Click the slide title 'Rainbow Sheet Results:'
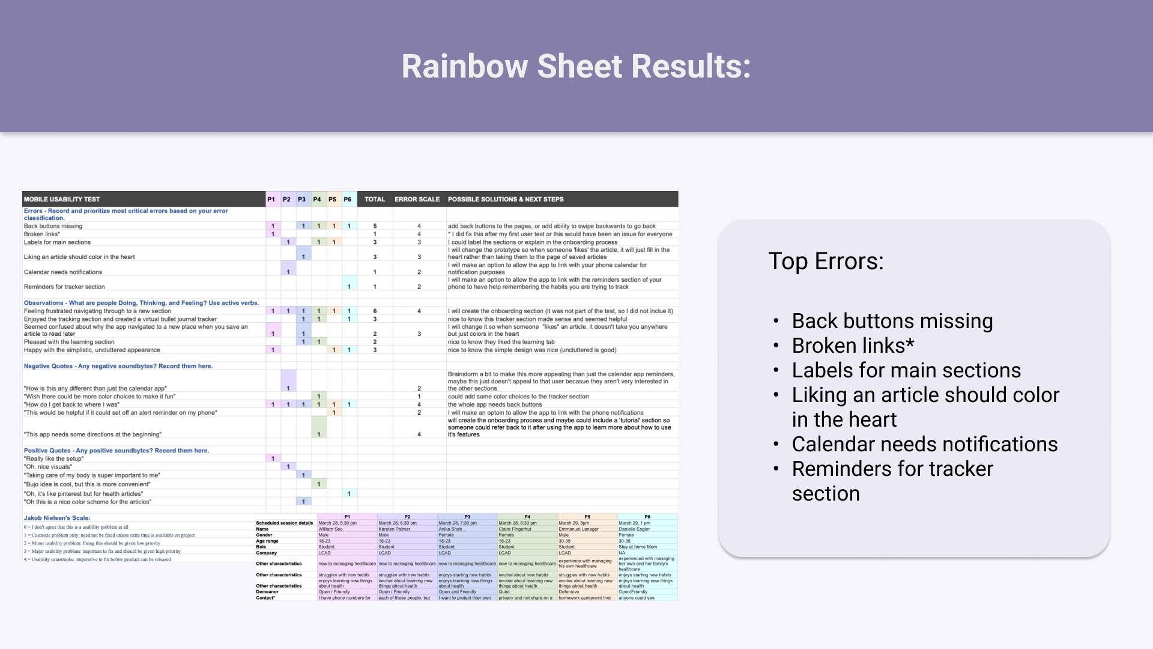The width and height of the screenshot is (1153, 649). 576,66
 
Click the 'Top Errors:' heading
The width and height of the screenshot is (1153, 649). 826,261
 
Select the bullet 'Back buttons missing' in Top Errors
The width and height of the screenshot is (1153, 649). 892,321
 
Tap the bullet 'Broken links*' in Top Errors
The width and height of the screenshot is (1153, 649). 853,346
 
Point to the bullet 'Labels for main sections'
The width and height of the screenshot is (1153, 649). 906,370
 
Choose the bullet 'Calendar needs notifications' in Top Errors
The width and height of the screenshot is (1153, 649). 925,444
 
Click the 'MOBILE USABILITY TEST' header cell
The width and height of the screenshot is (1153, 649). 62,200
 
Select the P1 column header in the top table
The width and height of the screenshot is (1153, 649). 271,200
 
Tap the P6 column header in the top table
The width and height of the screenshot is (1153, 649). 348,200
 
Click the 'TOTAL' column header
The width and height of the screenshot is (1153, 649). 375,200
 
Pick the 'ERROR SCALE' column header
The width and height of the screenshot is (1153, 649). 417,200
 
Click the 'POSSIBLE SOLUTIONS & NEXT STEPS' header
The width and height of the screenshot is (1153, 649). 506,200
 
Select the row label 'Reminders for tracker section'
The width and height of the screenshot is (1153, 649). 64,287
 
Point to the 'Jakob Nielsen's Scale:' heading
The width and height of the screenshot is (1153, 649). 57,518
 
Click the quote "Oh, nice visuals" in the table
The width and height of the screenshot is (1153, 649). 48,467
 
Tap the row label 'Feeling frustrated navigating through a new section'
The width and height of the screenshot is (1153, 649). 97,311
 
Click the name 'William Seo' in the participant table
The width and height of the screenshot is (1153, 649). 330,529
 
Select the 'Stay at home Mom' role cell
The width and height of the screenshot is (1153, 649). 638,547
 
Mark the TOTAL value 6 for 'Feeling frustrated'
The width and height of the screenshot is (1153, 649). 375,311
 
